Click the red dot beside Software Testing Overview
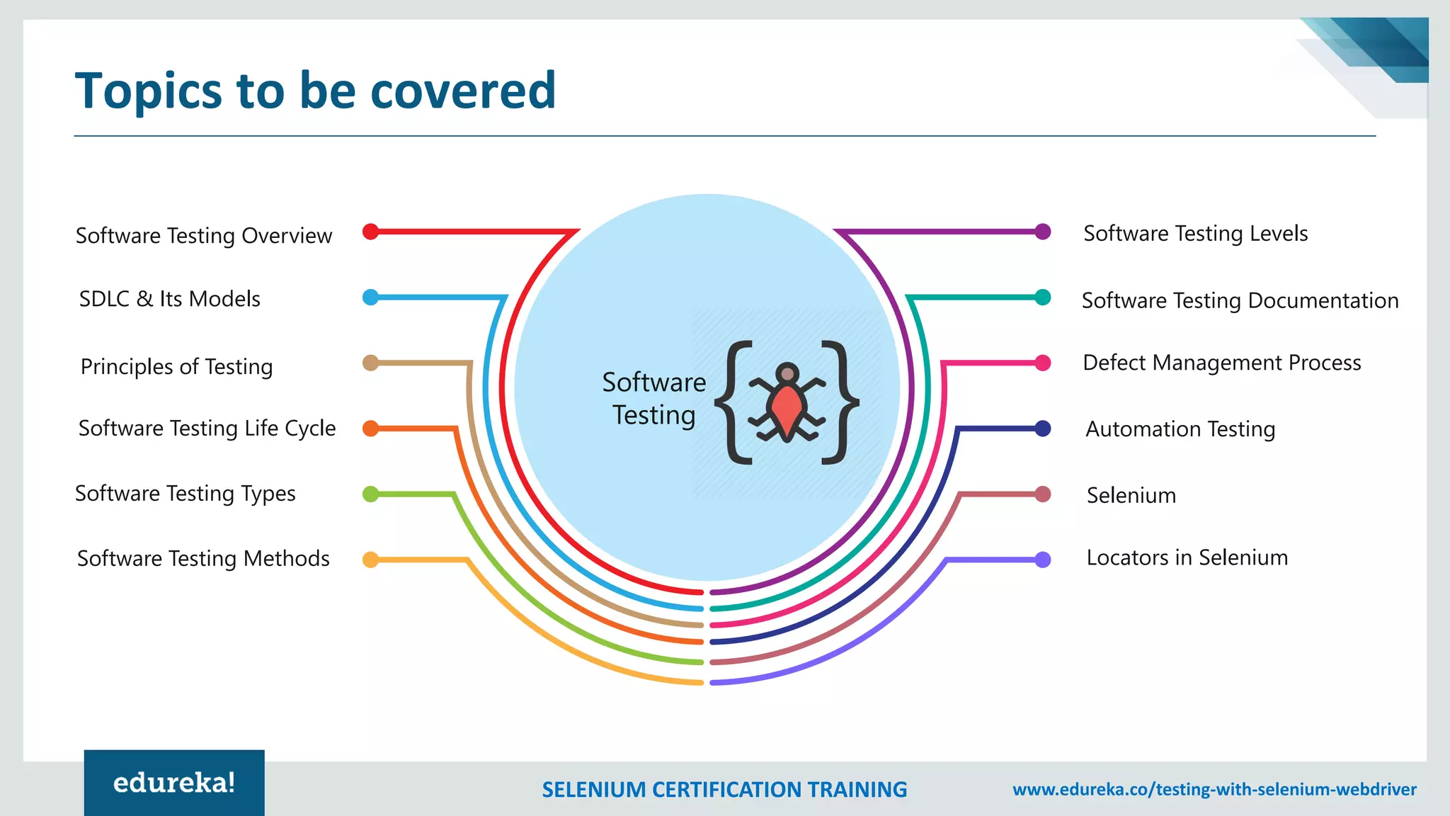[370, 232]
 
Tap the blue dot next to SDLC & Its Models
[370, 297]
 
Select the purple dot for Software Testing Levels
[1043, 232]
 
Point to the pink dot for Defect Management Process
[1043, 363]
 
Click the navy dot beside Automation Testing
[1043, 429]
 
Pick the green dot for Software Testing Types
[370, 494]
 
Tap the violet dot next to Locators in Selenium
[1043, 560]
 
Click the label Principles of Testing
[176, 367]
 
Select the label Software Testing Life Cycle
[207, 429]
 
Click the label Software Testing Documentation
[1240, 300]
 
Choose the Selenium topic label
[1131, 495]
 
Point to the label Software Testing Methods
[203, 559]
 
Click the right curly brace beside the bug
[840, 402]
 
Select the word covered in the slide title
[463, 91]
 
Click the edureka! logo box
[174, 783]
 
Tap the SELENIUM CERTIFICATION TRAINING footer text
[724, 790]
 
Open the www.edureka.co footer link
[1214, 790]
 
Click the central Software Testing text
[653, 399]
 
